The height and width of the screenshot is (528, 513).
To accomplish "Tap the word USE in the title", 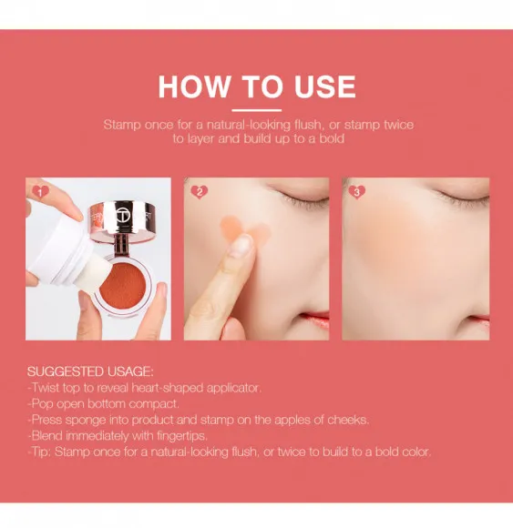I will [x=318, y=86].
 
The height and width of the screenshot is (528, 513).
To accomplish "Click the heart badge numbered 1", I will [x=40, y=192].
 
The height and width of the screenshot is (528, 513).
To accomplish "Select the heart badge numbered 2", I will [x=199, y=192].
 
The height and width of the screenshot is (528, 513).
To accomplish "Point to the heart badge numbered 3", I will [x=357, y=192].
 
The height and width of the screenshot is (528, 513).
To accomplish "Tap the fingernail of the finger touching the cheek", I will [x=241, y=245].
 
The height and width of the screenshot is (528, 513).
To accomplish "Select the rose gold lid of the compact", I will [x=124, y=215].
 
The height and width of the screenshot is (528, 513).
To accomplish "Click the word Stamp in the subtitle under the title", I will [x=122, y=125].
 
